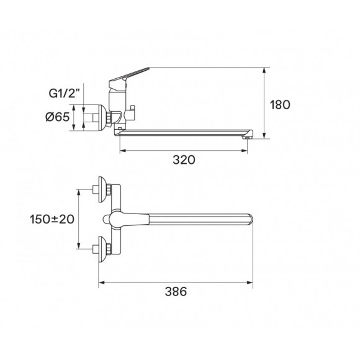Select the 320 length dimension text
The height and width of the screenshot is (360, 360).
[x=184, y=160]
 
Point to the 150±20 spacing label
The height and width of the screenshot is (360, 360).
[x=52, y=218]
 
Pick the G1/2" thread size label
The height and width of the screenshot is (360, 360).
[x=63, y=94]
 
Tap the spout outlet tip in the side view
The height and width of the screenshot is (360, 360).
[x=247, y=135]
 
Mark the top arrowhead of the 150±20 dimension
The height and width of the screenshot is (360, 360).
[x=79, y=192]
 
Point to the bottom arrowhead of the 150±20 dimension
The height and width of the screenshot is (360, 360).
[x=79, y=247]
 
